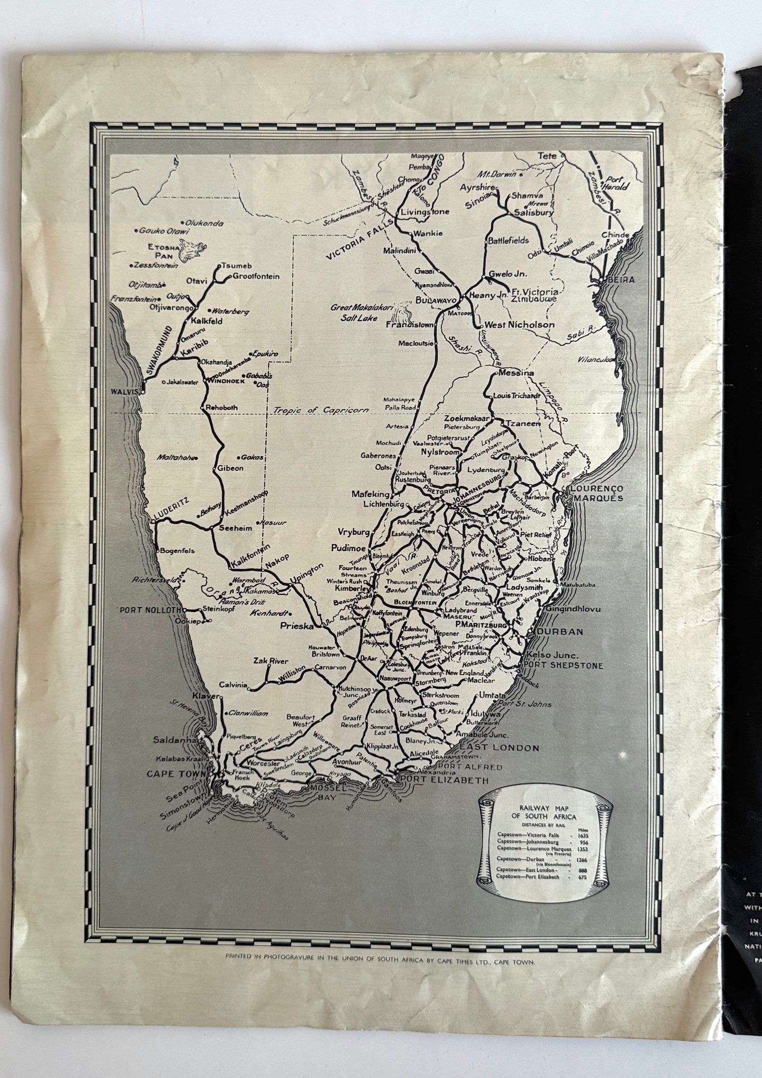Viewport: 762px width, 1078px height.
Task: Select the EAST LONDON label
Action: pos(499,747)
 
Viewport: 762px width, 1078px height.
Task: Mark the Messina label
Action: pos(515,373)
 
